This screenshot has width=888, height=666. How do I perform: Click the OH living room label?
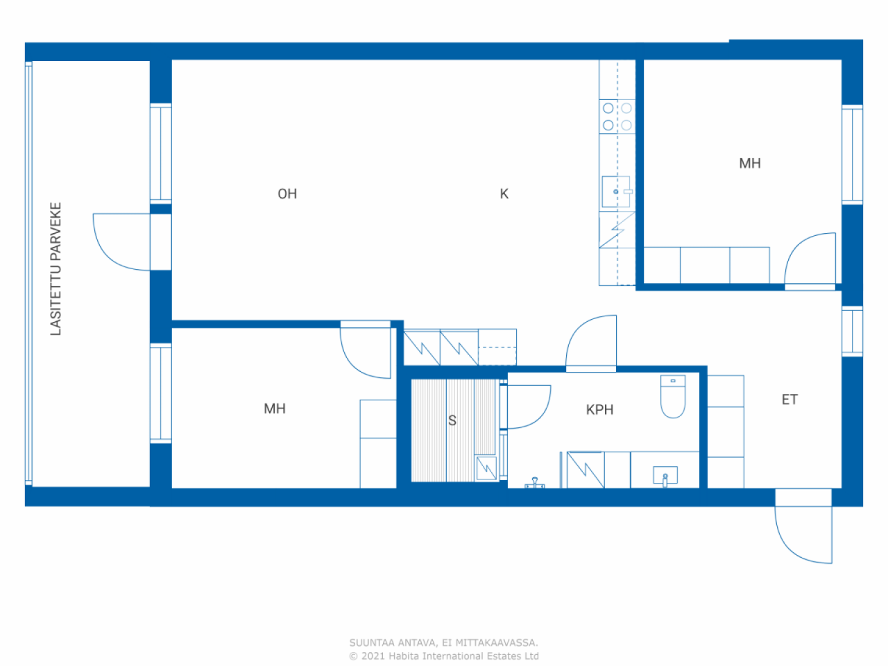pyautogui.click(x=287, y=194)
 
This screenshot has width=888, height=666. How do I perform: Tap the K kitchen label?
pyautogui.click(x=504, y=194)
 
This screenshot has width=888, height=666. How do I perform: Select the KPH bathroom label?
pyautogui.click(x=599, y=410)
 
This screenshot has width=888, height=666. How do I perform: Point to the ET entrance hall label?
pyautogui.click(x=789, y=400)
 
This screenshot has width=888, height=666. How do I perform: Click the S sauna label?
pyautogui.click(x=452, y=421)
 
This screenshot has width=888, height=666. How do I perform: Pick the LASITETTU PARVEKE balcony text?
pyautogui.click(x=55, y=269)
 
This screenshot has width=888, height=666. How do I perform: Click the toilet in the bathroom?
pyautogui.click(x=673, y=397)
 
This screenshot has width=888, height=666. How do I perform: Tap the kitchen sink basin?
pyautogui.click(x=616, y=191)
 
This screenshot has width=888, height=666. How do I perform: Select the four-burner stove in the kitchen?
pyautogui.click(x=617, y=117)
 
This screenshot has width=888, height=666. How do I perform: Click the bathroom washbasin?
pyautogui.click(x=665, y=476)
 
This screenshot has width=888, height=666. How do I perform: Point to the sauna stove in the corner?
pyautogui.click(x=486, y=468)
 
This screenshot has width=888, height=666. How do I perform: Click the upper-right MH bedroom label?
pyautogui.click(x=750, y=164)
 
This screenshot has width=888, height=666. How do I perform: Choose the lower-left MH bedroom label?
pyautogui.click(x=275, y=409)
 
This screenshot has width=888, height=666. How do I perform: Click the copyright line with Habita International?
pyautogui.click(x=444, y=656)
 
